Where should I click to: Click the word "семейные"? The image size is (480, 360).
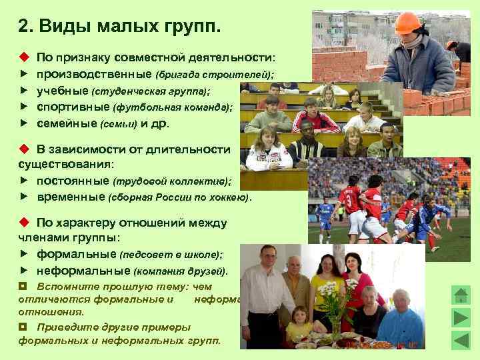point(67,123)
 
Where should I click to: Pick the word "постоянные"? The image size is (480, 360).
point(73,181)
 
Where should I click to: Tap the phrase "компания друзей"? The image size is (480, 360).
point(180,271)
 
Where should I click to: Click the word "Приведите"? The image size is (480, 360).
point(66,327)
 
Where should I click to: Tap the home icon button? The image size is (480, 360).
point(461,295)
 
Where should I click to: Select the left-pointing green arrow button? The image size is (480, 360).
point(461,340)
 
